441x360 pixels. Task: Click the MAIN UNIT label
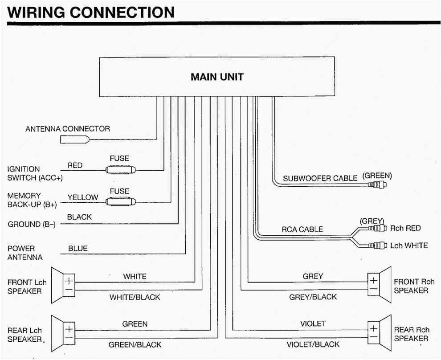pyautogui.click(x=217, y=77)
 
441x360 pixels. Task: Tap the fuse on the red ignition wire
pyautogui.click(x=120, y=170)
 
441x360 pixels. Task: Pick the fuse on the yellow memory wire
pyautogui.click(x=120, y=202)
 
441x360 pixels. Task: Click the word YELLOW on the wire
pyautogui.click(x=82, y=197)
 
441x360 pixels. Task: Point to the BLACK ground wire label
pyautogui.click(x=79, y=217)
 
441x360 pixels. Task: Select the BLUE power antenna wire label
pyautogui.click(x=78, y=249)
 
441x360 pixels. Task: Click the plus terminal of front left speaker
pyautogui.click(x=69, y=281)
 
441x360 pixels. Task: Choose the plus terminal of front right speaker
pyautogui.click(x=373, y=280)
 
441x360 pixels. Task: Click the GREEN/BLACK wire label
pyautogui.click(x=135, y=344)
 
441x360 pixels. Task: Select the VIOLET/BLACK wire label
pyautogui.click(x=313, y=344)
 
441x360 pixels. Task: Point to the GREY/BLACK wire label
pyautogui.click(x=313, y=297)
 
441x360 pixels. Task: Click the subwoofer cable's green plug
pyautogui.click(x=378, y=184)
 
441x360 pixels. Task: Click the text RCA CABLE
pyautogui.click(x=302, y=229)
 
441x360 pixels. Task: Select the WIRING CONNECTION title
pyautogui.click(x=91, y=12)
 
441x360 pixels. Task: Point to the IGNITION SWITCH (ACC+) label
pyautogui.click(x=35, y=174)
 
